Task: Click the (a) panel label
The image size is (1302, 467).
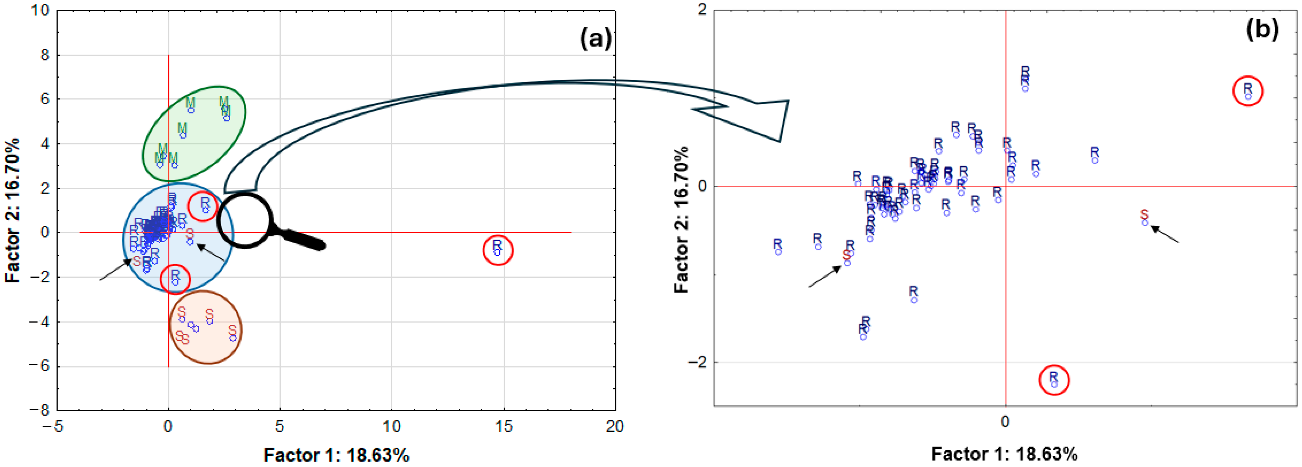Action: pos(596,38)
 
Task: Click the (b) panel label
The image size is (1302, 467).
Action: pos(1262,29)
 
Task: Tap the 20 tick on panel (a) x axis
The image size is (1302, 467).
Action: pos(615,426)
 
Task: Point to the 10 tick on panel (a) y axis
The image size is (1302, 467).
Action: pos(41,10)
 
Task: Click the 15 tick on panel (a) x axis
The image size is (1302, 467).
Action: pos(503,426)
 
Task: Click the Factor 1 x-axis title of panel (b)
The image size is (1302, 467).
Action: pos(1004,454)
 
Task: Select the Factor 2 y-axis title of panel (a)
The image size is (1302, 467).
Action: pos(12,210)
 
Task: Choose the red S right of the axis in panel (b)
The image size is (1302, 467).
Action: pos(1144,215)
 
